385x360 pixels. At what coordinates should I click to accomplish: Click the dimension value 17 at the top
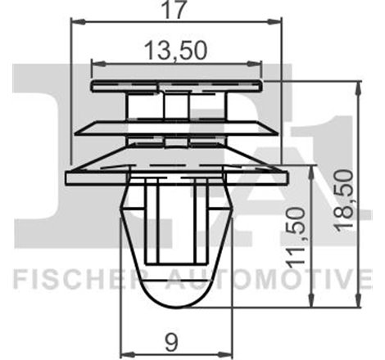(x=178, y=11)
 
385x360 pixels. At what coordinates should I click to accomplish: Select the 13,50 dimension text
(x=176, y=49)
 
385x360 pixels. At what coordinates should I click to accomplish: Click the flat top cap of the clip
(x=177, y=85)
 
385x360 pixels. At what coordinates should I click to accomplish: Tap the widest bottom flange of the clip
(x=176, y=174)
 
